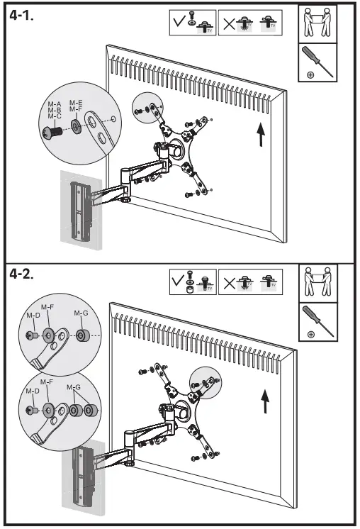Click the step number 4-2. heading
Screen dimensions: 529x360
[x=26, y=275]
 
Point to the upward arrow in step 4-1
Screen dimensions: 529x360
[x=261, y=133]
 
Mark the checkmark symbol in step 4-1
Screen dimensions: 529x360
[x=179, y=23]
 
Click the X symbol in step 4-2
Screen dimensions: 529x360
[x=229, y=282]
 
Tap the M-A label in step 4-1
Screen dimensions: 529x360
[x=55, y=104]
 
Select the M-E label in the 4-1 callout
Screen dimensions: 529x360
[x=75, y=103]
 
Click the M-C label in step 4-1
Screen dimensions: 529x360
[x=55, y=116]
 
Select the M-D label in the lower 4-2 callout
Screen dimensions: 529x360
[x=33, y=391]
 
